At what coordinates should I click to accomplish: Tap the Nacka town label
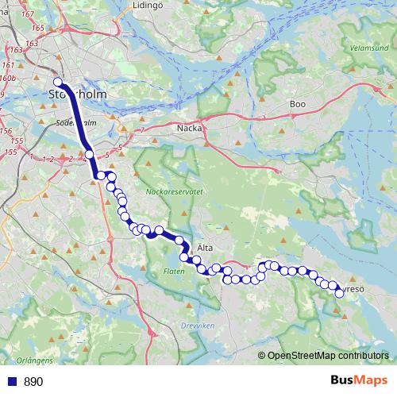click(190, 127)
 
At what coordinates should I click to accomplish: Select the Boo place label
click(298, 104)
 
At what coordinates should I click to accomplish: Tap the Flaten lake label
click(174, 272)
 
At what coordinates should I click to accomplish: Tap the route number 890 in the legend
click(33, 382)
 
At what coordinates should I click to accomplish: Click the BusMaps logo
click(360, 381)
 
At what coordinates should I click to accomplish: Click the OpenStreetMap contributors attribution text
click(327, 357)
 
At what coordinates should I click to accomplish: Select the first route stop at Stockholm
click(57, 82)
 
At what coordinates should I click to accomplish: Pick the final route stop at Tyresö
click(339, 293)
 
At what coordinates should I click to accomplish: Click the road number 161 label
click(8, 65)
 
